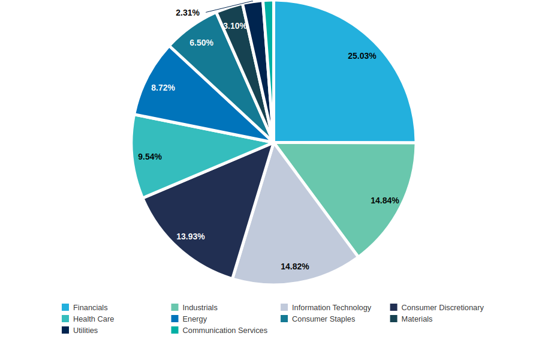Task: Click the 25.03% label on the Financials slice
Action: pyautogui.click(x=362, y=56)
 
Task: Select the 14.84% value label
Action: pyautogui.click(x=385, y=200)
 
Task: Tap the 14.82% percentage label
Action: pyautogui.click(x=295, y=266)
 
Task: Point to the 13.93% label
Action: pyautogui.click(x=191, y=236)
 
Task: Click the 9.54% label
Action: pyautogui.click(x=150, y=157)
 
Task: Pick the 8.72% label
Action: pyautogui.click(x=163, y=88)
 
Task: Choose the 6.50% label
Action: pyautogui.click(x=201, y=43)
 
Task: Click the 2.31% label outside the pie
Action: pyautogui.click(x=188, y=13)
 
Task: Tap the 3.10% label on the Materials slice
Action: pyautogui.click(x=235, y=26)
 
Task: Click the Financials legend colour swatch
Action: pyautogui.click(x=65, y=308)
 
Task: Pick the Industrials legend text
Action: pyautogui.click(x=200, y=308)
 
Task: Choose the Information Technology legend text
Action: pyautogui.click(x=332, y=308)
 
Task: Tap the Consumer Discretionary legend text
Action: pyautogui.click(x=442, y=308)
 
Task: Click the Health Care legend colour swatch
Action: pyautogui.click(x=65, y=319)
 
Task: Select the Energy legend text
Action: pyautogui.click(x=195, y=319)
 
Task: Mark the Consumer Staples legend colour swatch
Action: pyautogui.click(x=284, y=319)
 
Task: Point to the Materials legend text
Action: pyautogui.click(x=417, y=319)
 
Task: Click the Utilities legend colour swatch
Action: pyautogui.click(x=65, y=330)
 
